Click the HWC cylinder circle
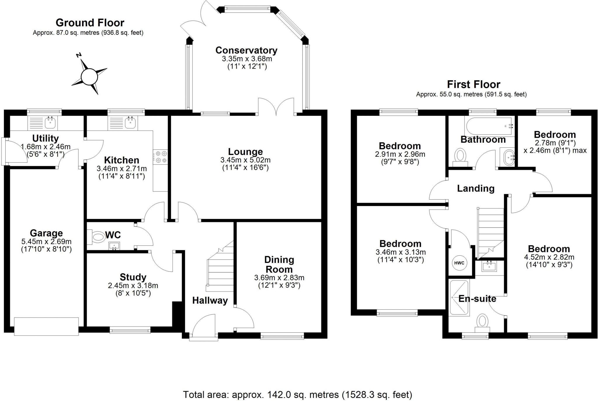click(459, 263)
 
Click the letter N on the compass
click(79, 55)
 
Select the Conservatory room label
click(246, 50)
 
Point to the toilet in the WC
click(96, 237)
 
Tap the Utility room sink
click(51, 123)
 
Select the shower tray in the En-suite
click(459, 298)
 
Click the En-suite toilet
click(482, 323)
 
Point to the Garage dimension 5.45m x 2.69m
click(46, 242)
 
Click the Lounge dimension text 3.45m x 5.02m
click(246, 160)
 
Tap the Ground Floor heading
click(90, 22)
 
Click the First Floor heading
click(474, 84)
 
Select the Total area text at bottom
click(298, 395)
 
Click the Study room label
click(133, 277)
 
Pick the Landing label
click(476, 189)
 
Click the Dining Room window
click(282, 337)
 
